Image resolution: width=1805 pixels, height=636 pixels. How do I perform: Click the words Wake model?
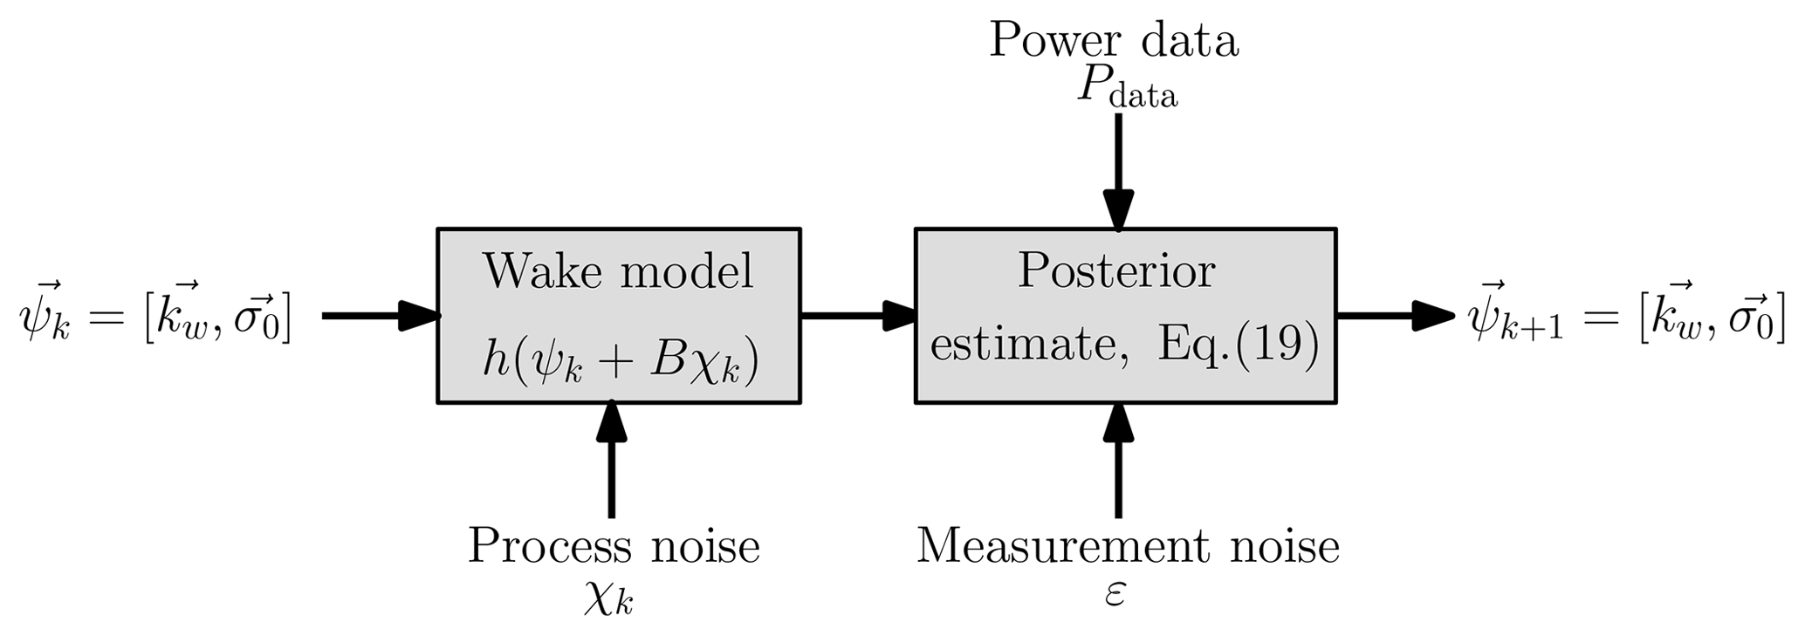click(618, 272)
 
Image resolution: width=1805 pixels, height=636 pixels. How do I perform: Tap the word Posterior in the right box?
click(1116, 272)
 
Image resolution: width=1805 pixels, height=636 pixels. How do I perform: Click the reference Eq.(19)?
click(1238, 345)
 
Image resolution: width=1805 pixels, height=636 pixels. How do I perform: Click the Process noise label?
click(614, 547)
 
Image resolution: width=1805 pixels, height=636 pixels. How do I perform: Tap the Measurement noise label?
click(1128, 547)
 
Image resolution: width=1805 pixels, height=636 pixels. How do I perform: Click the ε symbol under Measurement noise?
click(1115, 595)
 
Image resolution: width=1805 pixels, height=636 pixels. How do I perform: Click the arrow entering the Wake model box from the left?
click(380, 316)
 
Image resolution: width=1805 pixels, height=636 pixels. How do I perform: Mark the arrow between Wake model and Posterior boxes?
click(858, 316)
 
